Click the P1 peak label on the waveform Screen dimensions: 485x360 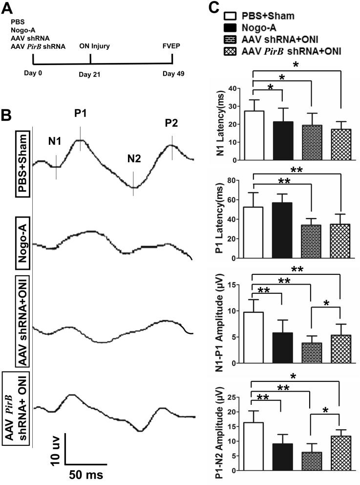(81, 114)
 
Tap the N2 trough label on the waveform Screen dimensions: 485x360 (134, 158)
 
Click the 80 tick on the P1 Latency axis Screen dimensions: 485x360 (244, 181)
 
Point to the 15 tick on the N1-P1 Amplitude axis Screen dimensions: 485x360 (244, 285)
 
